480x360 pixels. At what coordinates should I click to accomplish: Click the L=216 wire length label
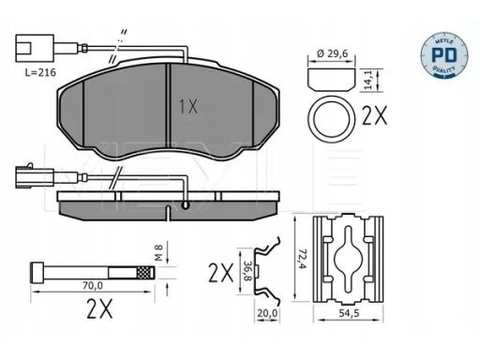point(40,72)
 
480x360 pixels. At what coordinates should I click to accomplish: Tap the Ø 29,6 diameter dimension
point(332,53)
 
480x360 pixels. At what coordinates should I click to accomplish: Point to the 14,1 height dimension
point(369,81)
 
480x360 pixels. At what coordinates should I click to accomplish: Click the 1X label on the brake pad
point(188,106)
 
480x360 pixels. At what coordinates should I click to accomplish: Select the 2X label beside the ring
point(374,115)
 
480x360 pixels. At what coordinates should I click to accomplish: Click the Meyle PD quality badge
point(444,55)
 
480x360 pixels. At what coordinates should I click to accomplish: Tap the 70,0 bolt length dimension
point(93,285)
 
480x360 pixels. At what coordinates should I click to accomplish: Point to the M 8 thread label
point(159,253)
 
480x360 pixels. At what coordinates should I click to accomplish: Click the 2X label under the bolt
point(99,309)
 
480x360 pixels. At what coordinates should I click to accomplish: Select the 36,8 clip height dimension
point(247,271)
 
